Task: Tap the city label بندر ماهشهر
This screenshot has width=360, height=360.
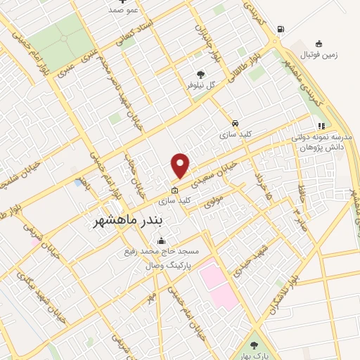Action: click(138, 220)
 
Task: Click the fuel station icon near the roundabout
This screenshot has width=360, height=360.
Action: click(281, 29)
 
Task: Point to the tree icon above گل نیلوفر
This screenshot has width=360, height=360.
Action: click(201, 73)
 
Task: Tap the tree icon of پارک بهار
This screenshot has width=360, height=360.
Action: click(255, 345)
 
